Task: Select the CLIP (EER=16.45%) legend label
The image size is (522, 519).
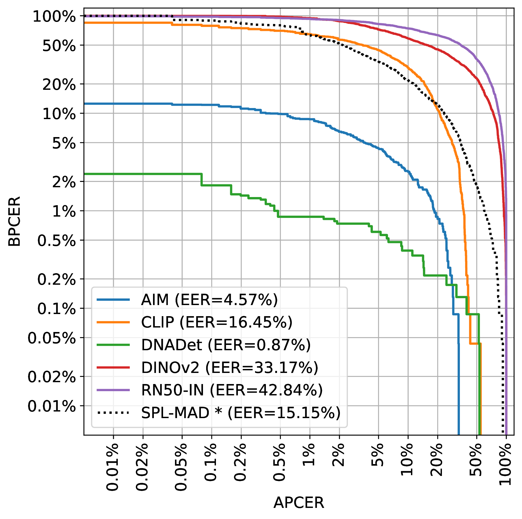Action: click(x=216, y=322)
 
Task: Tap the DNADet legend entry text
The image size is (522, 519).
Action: click(x=226, y=345)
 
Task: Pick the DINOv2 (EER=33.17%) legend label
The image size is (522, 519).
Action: click(x=229, y=367)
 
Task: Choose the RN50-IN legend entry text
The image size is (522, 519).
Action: click(x=232, y=390)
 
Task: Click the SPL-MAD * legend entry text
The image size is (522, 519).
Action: click(x=241, y=413)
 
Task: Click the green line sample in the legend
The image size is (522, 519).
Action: click(x=113, y=345)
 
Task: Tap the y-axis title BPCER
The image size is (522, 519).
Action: click(x=14, y=221)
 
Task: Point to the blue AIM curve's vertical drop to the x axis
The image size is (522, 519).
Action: click(x=459, y=378)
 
